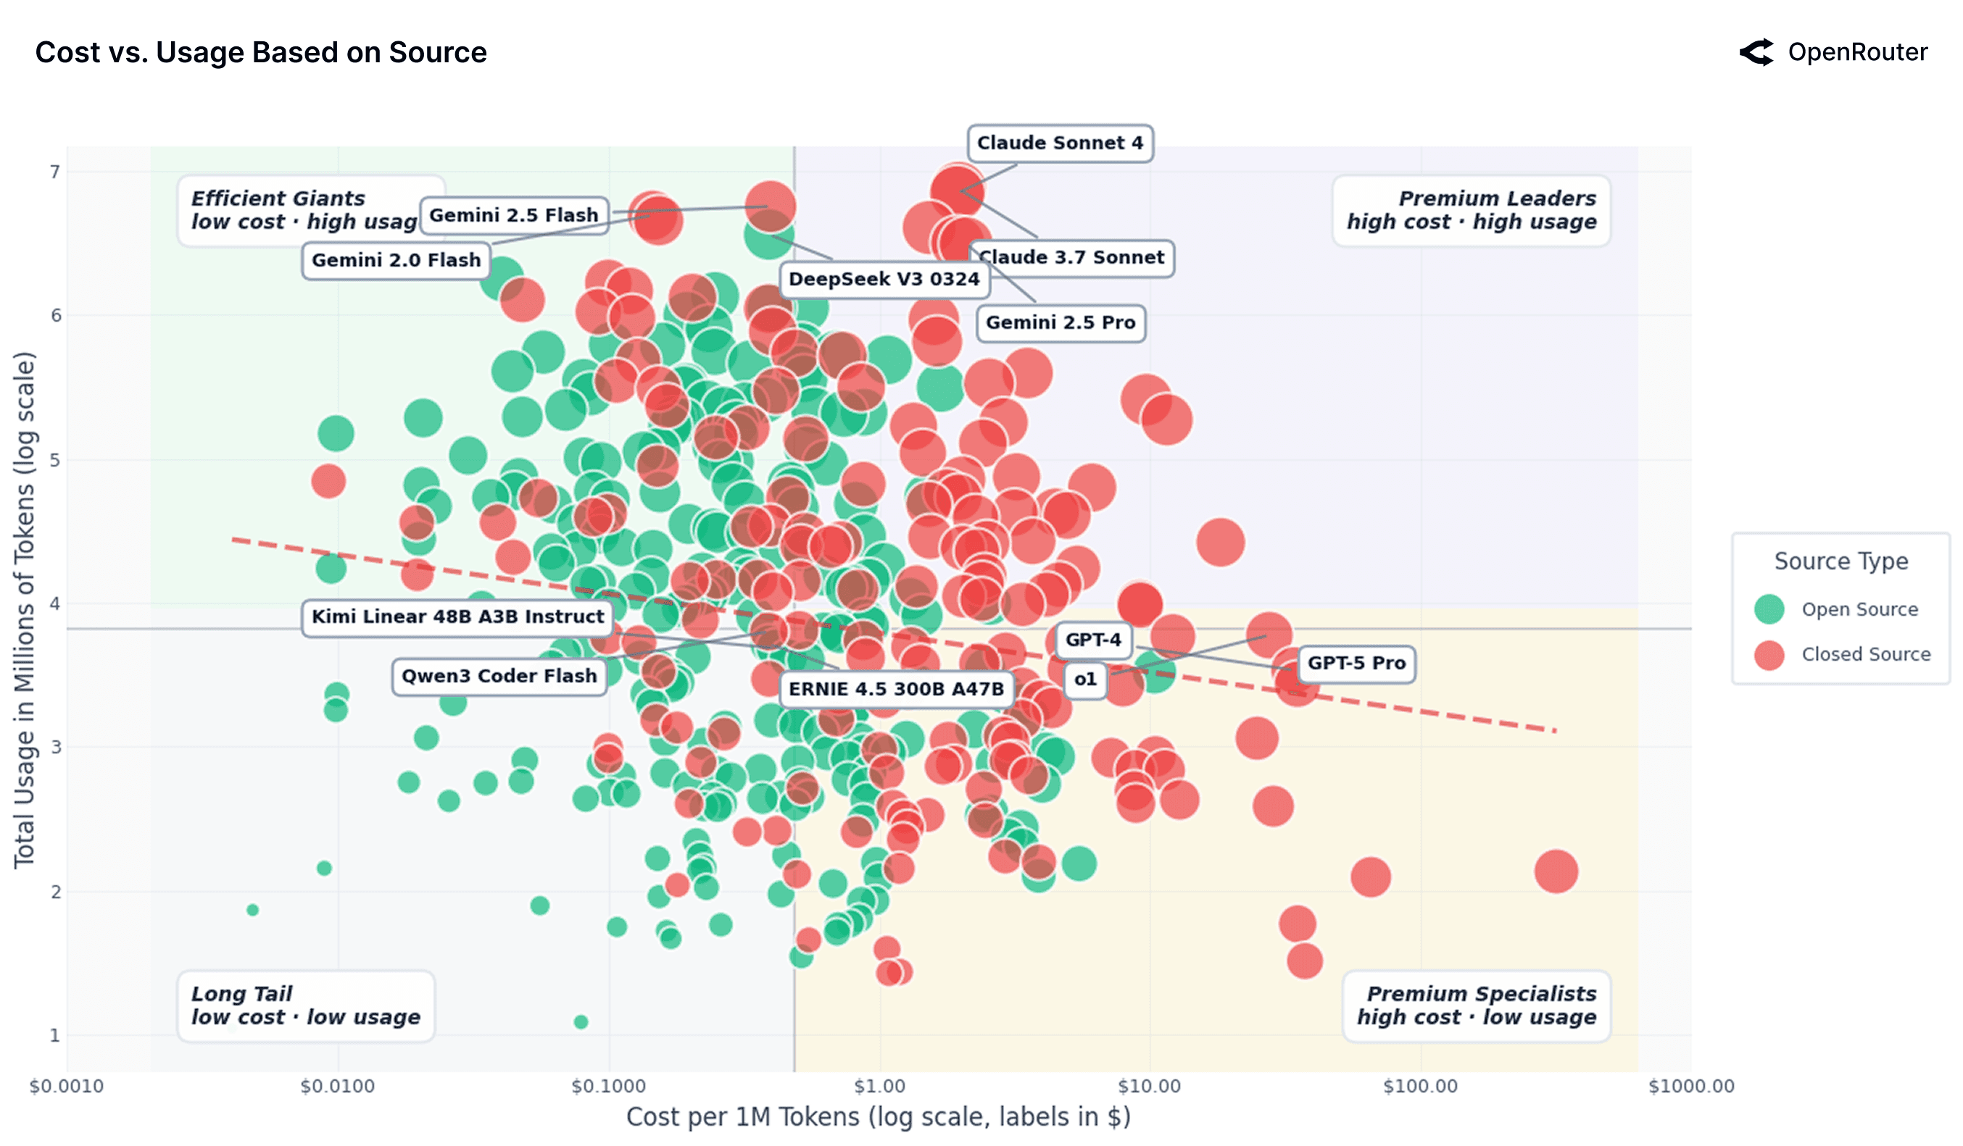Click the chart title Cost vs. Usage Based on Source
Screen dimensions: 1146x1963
coord(261,52)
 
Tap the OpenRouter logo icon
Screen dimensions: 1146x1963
coord(1756,52)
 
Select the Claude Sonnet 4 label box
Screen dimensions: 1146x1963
coord(1059,143)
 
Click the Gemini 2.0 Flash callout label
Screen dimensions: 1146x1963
coord(396,260)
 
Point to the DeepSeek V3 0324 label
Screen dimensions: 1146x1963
coord(884,279)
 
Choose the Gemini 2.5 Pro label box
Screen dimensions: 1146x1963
coord(1061,322)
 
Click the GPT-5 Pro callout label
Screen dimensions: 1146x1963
coord(1356,664)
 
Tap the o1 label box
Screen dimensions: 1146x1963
coord(1084,679)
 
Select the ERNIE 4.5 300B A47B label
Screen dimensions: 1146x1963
coord(896,689)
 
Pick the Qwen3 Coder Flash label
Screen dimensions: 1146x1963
coord(499,676)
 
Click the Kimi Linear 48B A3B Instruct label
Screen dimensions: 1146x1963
coord(457,616)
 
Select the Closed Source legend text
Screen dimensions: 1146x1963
coord(1865,655)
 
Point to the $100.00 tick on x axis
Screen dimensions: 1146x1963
coord(1419,1086)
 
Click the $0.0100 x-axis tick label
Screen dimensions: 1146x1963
coord(337,1086)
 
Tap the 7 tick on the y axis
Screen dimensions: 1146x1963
coord(54,172)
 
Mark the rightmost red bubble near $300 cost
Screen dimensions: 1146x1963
coord(1556,871)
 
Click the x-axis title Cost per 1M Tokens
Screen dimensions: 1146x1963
coord(878,1116)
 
